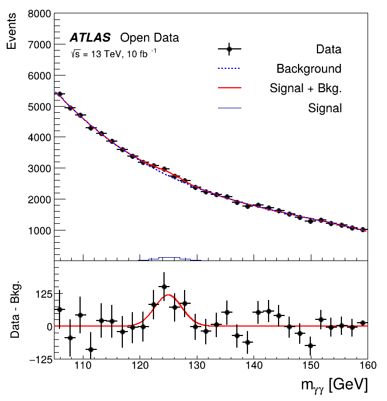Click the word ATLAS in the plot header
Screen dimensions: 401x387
(91, 38)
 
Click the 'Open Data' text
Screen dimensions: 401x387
(150, 38)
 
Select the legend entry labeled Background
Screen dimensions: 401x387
(309, 69)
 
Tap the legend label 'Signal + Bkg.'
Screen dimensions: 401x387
(305, 88)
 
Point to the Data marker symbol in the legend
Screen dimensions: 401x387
(229, 49)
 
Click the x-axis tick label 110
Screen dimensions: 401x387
(83, 365)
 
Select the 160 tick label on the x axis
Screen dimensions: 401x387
(366, 365)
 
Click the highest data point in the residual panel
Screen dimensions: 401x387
(163, 287)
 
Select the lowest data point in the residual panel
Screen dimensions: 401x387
(91, 349)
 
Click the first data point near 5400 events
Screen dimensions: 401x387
(59, 94)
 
